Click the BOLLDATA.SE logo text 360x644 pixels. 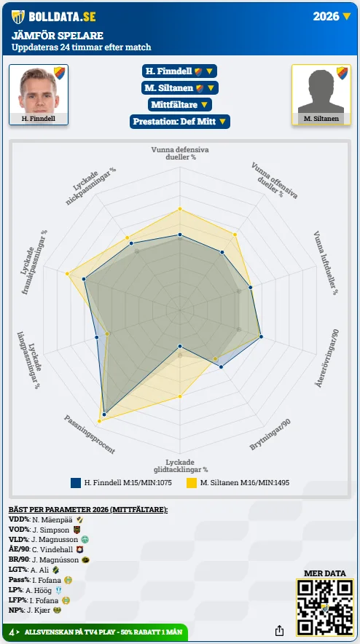62,17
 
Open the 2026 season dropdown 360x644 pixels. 332,16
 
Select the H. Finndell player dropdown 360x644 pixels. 179,71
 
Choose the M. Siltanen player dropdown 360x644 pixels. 180,88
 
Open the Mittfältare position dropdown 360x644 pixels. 180,105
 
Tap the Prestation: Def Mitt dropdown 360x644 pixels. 180,122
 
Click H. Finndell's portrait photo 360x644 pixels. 39,90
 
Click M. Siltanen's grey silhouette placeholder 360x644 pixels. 321,90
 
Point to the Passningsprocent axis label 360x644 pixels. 89,434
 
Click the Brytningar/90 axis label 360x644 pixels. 270,434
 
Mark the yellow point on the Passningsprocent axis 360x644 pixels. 99,421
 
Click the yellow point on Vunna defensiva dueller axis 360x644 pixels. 179,210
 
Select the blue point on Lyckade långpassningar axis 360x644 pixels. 97,337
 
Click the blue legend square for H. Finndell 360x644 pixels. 76,482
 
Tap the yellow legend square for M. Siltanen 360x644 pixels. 192,482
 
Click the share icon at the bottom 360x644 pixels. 279,630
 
